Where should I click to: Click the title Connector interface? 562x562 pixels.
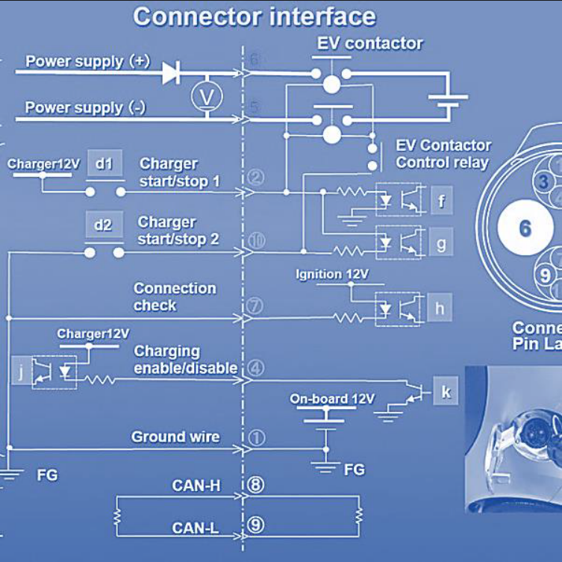[255, 17]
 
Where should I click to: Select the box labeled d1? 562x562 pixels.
[103, 163]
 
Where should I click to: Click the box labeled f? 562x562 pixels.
[441, 200]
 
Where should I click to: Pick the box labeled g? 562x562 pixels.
[441, 243]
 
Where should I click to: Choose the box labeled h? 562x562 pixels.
[440, 307]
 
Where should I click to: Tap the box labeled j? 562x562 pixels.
[21, 372]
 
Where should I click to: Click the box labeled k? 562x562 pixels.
[446, 391]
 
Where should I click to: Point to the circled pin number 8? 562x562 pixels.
[255, 485]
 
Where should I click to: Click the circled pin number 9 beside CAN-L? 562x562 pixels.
[255, 526]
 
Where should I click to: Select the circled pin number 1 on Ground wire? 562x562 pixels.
[255, 438]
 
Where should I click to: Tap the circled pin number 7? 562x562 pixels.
[254, 306]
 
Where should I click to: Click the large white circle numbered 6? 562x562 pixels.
[525, 228]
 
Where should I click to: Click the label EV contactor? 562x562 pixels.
[369, 43]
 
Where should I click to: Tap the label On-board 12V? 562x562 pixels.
[332, 399]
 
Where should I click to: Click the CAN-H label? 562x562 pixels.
[196, 486]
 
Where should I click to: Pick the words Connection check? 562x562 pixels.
[175, 296]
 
